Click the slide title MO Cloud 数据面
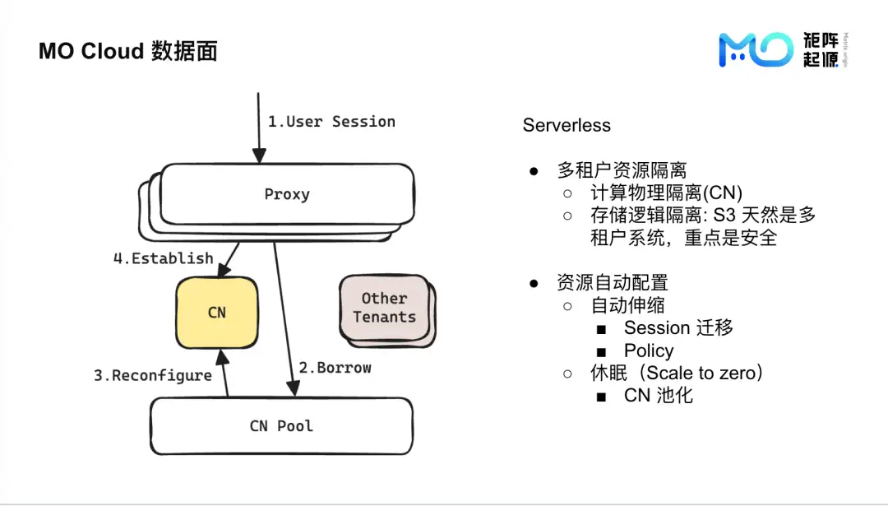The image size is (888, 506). tap(127, 51)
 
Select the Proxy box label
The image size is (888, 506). tap(287, 195)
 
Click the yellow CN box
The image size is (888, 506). tap(217, 313)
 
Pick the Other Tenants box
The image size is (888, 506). tap(385, 308)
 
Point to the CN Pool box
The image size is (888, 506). tap(281, 426)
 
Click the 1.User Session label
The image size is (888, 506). tap(331, 122)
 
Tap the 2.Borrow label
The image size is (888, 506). tap(335, 368)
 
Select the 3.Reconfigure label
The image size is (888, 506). tap(152, 376)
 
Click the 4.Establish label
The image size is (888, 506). tap(163, 258)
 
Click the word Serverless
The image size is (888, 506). tap(567, 126)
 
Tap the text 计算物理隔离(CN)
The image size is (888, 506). tap(666, 193)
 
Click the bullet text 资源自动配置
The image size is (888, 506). tap(613, 283)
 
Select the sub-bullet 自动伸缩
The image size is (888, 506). tap(627, 305)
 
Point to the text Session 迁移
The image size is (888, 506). tap(678, 327)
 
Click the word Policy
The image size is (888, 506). tap(649, 350)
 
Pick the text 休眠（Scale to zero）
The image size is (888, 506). tap(678, 373)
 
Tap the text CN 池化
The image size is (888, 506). tap(659, 395)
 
